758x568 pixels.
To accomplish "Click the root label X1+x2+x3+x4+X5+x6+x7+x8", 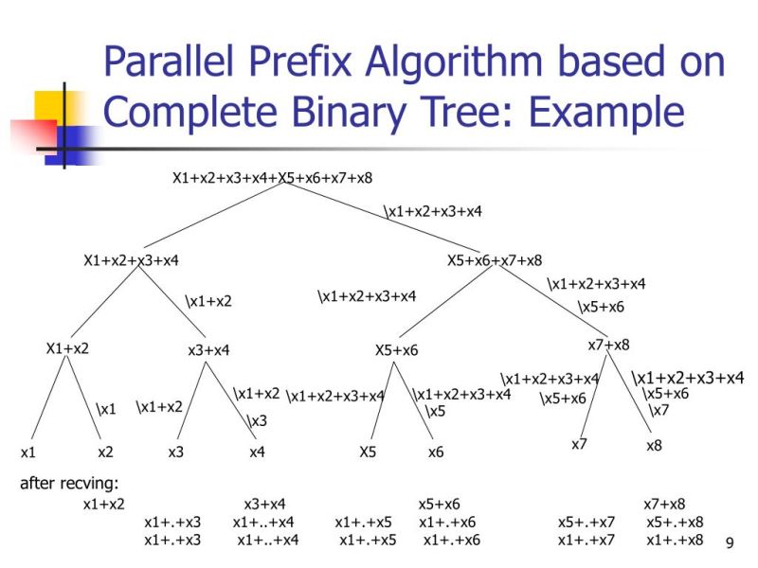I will [272, 177].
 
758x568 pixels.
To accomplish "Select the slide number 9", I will [730, 542].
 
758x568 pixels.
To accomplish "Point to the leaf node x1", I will [28, 452].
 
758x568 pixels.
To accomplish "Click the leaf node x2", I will [105, 452].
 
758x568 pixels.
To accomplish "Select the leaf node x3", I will [176, 452].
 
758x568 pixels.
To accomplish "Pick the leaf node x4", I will [257, 452].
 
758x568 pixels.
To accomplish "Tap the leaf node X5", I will [369, 452].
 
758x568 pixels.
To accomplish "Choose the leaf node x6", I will [436, 452].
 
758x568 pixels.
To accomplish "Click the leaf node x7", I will [580, 443].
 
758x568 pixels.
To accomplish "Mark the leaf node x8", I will [655, 445].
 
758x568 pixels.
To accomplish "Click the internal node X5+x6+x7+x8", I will [495, 260].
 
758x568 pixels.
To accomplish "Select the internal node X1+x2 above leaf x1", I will [67, 347].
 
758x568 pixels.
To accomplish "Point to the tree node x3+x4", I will [209, 350].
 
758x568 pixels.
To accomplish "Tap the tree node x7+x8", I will [609, 345].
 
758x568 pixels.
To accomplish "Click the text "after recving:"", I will [68, 485].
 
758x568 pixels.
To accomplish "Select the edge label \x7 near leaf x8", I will [659, 410].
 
